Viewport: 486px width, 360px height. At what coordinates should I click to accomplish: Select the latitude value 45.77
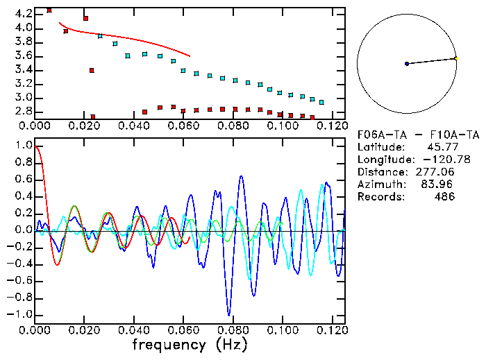[439, 147]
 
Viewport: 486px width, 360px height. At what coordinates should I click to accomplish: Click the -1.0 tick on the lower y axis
[21, 314]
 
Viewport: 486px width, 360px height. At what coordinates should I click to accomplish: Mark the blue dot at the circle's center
[407, 64]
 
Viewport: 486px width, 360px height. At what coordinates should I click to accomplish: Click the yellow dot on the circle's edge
[455, 58]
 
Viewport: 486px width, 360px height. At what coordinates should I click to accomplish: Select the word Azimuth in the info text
[379, 185]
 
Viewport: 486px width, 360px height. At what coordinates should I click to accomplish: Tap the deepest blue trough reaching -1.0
[228, 314]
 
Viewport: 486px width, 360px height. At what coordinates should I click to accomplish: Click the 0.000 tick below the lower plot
[35, 329]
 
